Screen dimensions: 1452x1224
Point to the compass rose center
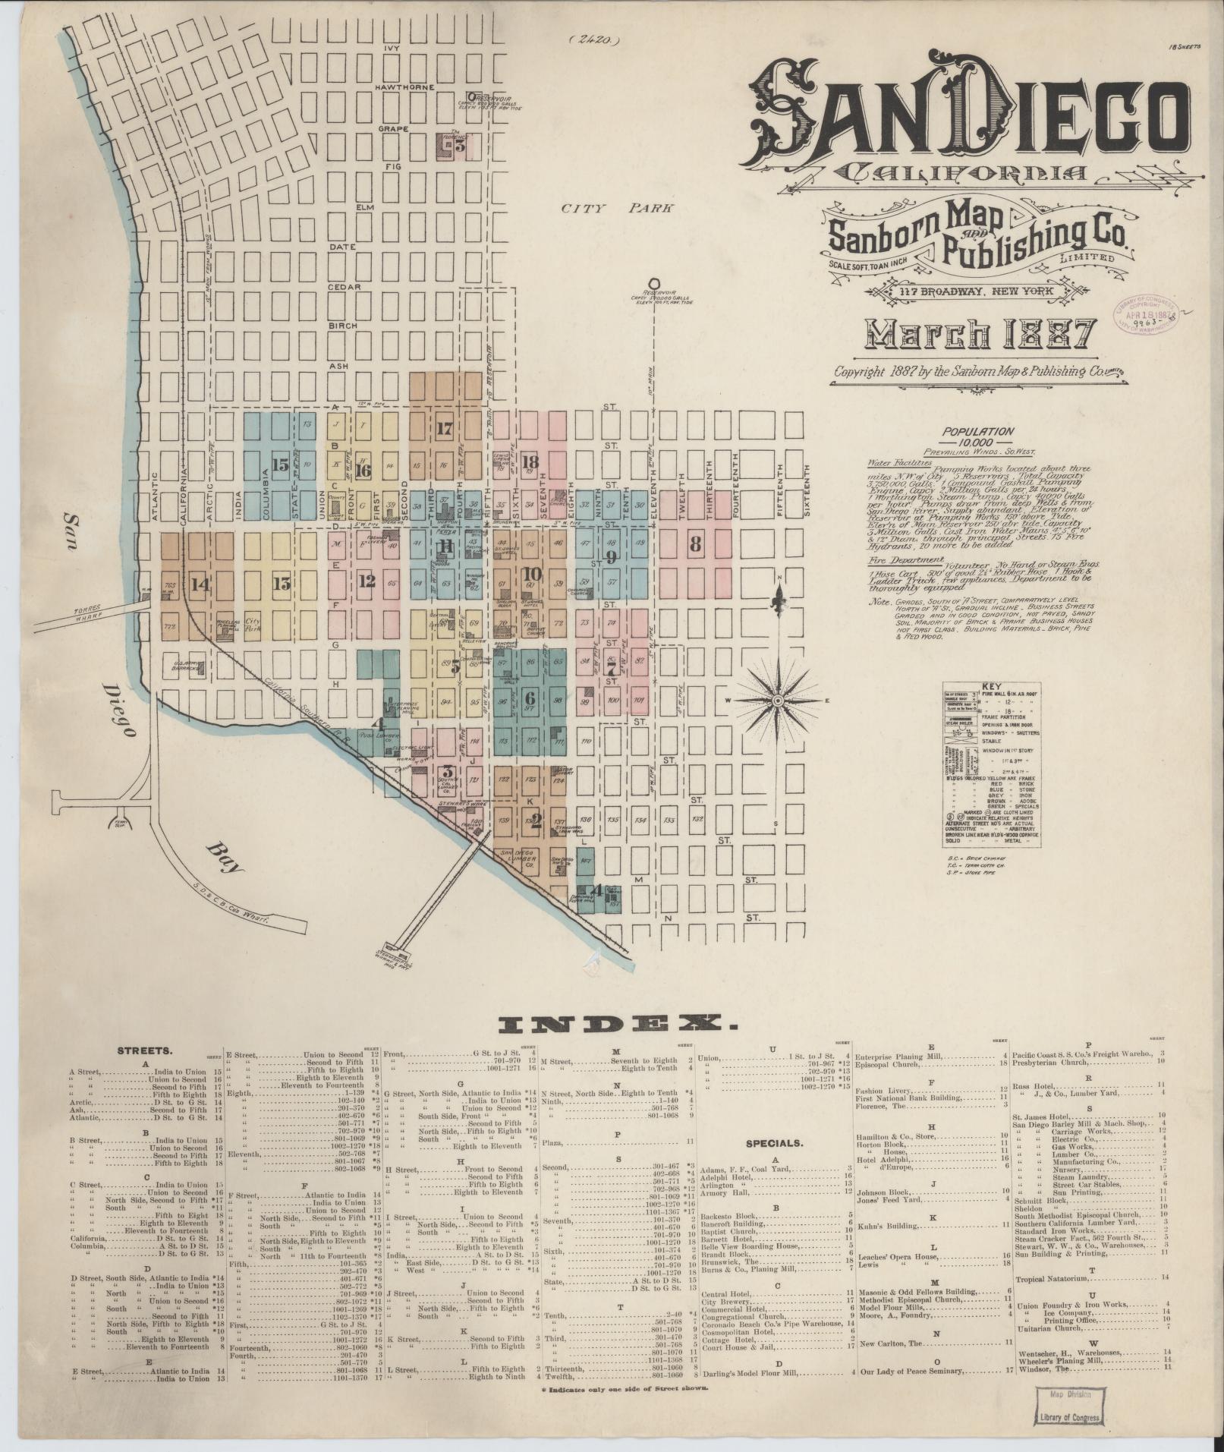pyautogui.click(x=778, y=700)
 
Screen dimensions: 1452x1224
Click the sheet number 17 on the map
pyautogui.click(x=445, y=428)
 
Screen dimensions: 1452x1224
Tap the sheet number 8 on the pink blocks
pyautogui.click(x=695, y=543)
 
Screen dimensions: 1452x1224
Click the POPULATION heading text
pyautogui.click(x=977, y=430)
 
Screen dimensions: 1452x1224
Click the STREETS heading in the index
pyautogui.click(x=144, y=1052)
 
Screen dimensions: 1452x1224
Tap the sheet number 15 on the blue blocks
pyautogui.click(x=280, y=465)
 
